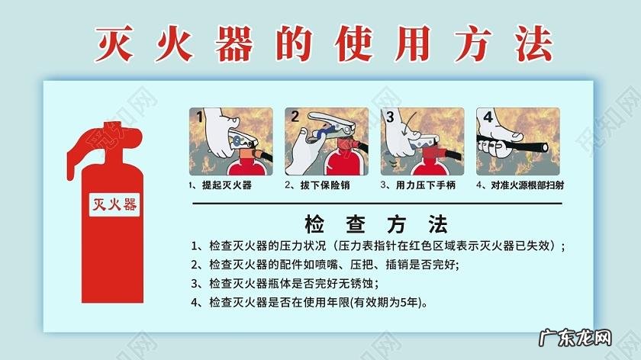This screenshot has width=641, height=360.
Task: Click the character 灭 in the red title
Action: [x=114, y=43]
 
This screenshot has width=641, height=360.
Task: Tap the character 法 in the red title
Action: [x=533, y=43]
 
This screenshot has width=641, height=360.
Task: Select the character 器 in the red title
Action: [x=234, y=43]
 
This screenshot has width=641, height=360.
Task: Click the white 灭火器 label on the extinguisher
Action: [x=114, y=204]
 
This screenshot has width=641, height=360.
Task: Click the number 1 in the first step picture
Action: [x=199, y=117]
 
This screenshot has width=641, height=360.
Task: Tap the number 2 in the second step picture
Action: [x=295, y=117]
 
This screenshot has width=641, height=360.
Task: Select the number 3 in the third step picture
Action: [x=390, y=117]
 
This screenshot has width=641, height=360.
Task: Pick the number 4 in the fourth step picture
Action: [x=488, y=117]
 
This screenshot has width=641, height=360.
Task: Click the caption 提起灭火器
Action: [x=227, y=185]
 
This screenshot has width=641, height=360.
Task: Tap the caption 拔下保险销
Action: [x=325, y=185]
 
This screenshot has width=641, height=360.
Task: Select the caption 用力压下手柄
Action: [x=426, y=185]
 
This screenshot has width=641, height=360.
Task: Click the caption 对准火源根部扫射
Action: [x=527, y=185]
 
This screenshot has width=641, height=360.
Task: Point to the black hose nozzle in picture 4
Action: [x=543, y=147]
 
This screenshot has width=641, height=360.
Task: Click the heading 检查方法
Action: [x=376, y=224]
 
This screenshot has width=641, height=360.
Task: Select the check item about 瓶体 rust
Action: [x=285, y=284]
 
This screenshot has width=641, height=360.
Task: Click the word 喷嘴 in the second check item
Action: [x=327, y=265]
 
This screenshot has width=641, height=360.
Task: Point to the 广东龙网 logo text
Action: [x=575, y=339]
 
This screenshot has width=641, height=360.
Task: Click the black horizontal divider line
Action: [x=377, y=203]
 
